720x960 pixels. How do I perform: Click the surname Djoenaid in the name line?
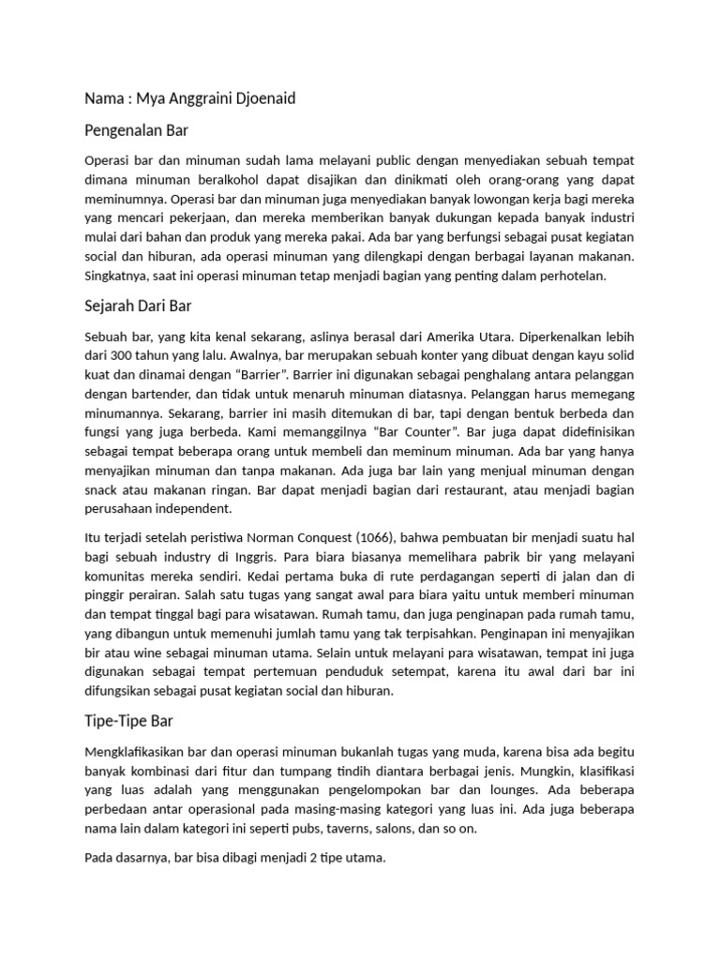[x=262, y=98]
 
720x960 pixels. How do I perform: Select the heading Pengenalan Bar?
[x=137, y=130]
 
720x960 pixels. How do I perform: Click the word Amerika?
[x=455, y=337]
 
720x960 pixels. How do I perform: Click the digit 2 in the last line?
[x=301, y=858]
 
